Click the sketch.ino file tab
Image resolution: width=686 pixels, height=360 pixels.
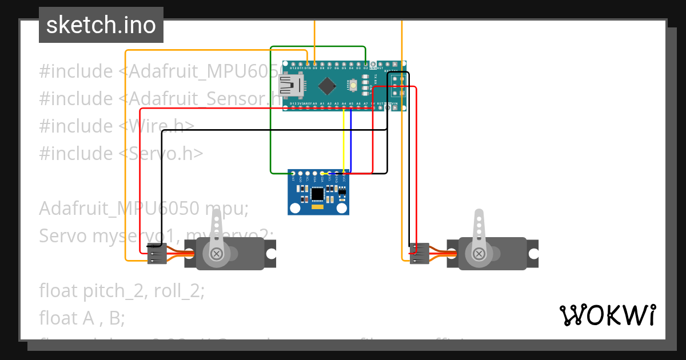coord(101,25)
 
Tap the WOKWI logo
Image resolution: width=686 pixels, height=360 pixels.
coord(607,315)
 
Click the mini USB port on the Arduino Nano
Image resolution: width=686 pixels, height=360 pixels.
coord(290,86)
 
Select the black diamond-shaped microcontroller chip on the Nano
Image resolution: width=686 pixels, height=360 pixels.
coord(327,86)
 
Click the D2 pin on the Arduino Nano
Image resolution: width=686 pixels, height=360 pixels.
coord(365,63)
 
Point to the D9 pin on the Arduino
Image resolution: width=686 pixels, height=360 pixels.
coord(315,63)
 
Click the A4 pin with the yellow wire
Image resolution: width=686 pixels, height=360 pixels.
coord(344,107)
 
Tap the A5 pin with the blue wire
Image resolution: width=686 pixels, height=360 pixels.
coord(351,107)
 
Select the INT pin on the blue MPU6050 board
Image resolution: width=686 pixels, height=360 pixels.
coord(293,173)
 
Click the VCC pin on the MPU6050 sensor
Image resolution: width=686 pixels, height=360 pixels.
coord(344,173)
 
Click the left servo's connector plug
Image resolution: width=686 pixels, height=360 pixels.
coord(157,253)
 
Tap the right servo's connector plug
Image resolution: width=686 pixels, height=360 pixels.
coord(420,253)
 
